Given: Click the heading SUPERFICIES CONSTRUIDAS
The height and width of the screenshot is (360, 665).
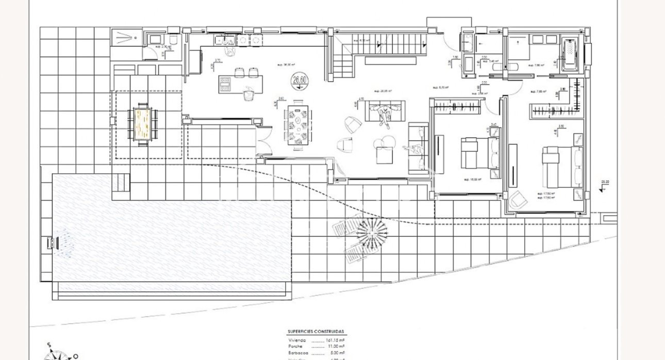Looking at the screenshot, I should (315, 332).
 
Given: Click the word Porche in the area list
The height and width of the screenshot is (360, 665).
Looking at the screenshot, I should (296, 348).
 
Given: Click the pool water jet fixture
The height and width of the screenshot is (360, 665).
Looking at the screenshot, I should (51, 242).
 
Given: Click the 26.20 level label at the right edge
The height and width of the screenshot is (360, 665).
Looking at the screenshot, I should (604, 182).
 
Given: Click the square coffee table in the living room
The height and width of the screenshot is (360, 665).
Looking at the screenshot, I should (384, 155).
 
